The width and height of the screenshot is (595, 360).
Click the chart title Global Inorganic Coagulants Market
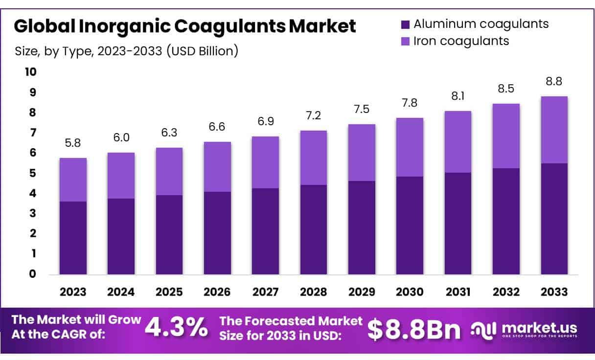pyautogui.click(x=185, y=26)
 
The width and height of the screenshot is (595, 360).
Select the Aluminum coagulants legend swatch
pyautogui.click(x=405, y=24)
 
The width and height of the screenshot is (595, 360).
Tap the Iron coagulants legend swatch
pyautogui.click(x=405, y=41)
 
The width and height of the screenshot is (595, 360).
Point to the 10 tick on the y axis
pyautogui.click(x=30, y=72)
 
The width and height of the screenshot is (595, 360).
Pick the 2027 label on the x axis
pyautogui.click(x=265, y=292)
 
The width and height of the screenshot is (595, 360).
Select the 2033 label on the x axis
pyautogui.click(x=554, y=292)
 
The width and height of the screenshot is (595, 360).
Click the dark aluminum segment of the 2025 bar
pyautogui.click(x=169, y=235)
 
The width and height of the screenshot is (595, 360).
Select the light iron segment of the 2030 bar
pyautogui.click(x=410, y=147)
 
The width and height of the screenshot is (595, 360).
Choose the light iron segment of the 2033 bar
pyautogui.click(x=554, y=130)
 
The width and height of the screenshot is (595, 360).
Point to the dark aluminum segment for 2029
pyautogui.click(x=362, y=227)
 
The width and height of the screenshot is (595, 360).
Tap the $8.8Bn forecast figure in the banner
pyautogui.click(x=414, y=330)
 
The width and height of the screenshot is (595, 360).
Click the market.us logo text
pyautogui.click(x=539, y=327)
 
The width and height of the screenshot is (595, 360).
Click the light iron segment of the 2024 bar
pyautogui.click(x=121, y=176)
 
